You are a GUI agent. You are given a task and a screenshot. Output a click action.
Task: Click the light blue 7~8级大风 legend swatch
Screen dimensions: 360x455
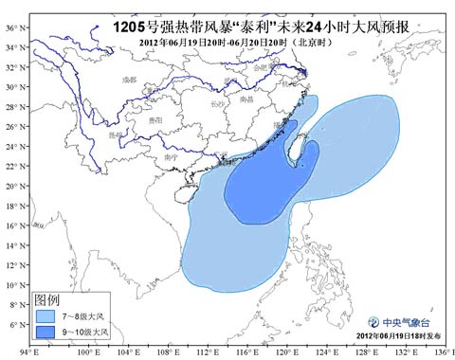(45, 316)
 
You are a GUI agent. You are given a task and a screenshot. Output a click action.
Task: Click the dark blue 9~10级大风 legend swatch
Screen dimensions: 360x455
(45, 333)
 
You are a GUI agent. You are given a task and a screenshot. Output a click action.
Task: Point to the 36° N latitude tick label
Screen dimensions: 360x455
(10, 27)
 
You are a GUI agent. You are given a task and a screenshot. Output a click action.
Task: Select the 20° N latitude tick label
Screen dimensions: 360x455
(10, 186)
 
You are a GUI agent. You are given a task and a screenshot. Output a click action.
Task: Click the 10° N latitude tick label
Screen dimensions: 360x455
(10, 285)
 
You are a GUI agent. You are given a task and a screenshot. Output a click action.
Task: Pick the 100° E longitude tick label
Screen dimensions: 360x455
(87, 353)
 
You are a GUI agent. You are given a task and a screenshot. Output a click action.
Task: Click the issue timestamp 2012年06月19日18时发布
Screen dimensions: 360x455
(398, 336)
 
